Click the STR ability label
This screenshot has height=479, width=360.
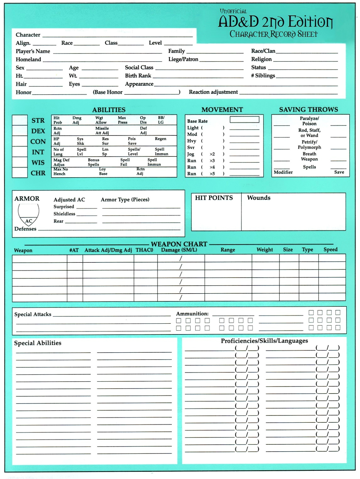tap(38, 121)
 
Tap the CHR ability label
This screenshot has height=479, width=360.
tap(38, 173)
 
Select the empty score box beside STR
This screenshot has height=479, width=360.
tap(20, 120)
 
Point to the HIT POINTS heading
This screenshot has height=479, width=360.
tap(214, 198)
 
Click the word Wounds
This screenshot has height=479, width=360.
tap(259, 198)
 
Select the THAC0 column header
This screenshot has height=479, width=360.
tap(144, 250)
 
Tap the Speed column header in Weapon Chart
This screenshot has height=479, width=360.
tap(330, 250)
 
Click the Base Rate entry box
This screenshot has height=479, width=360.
tap(244, 120)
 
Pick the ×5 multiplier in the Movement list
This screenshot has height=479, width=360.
tap(212, 174)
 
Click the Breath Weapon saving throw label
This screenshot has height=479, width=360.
tap(309, 157)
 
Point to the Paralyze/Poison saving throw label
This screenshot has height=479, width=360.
tap(309, 121)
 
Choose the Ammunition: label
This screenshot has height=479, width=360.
tap(192, 314)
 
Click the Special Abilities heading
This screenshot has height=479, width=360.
tap(38, 343)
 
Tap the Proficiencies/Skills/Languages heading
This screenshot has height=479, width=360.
tap(264, 341)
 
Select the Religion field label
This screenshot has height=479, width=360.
tap(261, 59)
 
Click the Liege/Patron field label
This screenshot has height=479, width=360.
tap(183, 59)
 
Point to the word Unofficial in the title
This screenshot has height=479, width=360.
tap(233, 11)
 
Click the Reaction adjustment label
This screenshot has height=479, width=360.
tap(213, 92)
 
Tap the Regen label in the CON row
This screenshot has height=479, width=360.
tap(161, 139)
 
